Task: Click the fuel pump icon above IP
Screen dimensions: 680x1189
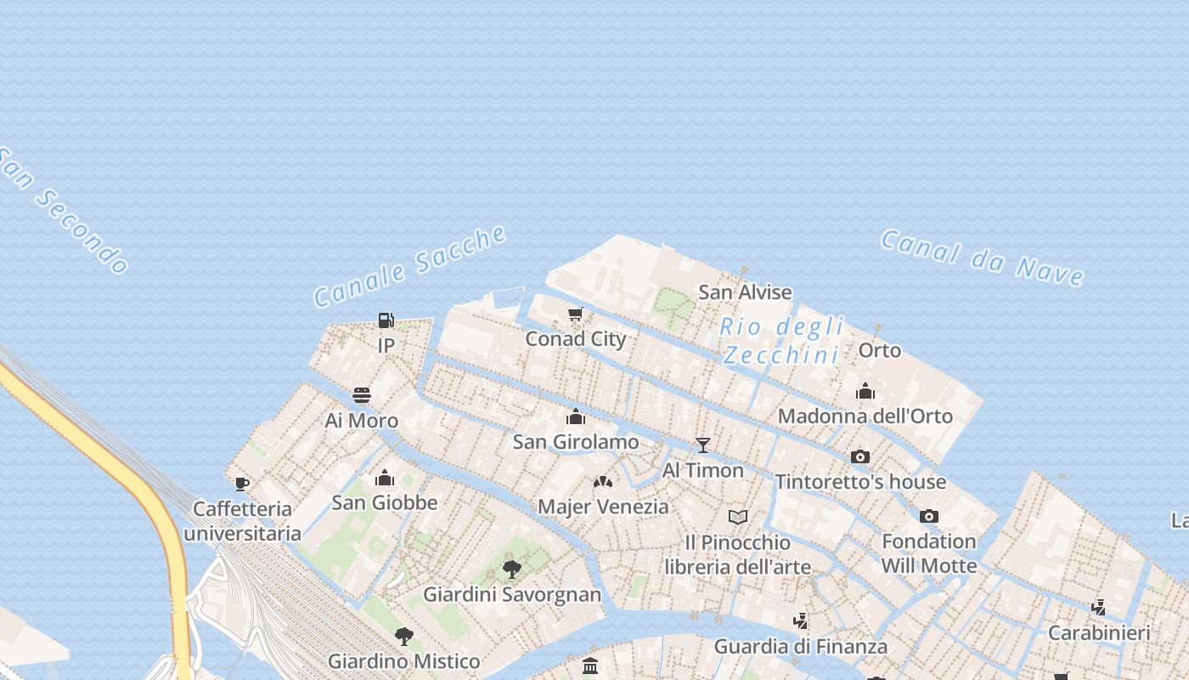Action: click(386, 320)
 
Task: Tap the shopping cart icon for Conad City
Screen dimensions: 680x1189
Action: click(576, 315)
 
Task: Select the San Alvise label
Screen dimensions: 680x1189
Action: click(745, 292)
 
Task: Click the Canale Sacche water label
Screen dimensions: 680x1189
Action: click(410, 265)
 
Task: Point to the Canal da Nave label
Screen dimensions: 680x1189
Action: click(982, 257)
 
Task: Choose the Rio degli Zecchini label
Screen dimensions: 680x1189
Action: click(781, 340)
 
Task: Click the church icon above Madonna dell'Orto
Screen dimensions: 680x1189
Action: click(865, 391)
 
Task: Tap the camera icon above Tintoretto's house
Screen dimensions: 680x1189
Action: click(860, 456)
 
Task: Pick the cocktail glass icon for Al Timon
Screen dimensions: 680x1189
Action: click(702, 445)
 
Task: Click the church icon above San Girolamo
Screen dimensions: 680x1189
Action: click(576, 416)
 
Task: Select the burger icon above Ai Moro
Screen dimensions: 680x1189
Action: click(362, 395)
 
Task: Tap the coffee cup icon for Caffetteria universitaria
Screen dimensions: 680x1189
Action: click(242, 484)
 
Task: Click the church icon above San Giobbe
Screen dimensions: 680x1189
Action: click(385, 478)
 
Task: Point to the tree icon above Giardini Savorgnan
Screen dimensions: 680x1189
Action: click(511, 569)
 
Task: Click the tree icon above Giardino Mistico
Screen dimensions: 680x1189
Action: click(404, 636)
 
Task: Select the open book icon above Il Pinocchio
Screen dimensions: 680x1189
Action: click(738, 517)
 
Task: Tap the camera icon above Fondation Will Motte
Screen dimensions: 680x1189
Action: click(929, 516)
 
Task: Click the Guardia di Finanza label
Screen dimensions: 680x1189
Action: click(800, 646)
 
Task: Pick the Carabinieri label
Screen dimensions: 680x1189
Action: click(1099, 632)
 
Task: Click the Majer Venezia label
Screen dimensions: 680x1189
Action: click(603, 507)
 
